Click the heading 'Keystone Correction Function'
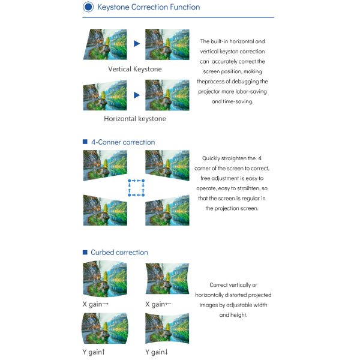(x=149, y=7)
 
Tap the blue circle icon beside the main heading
(x=88, y=7)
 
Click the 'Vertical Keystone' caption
(x=135, y=69)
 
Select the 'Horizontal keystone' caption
(x=135, y=119)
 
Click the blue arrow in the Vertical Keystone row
(x=137, y=43)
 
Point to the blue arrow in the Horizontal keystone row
(x=137, y=95)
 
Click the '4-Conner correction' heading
(x=123, y=142)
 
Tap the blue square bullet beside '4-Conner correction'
(x=85, y=142)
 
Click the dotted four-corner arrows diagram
(x=136, y=188)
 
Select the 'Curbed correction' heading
(x=119, y=253)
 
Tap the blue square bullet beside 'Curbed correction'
(x=85, y=253)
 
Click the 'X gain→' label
(x=95, y=304)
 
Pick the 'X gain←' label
(x=158, y=304)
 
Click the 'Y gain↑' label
(x=94, y=352)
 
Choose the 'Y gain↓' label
(x=157, y=352)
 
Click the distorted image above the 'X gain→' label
(x=105, y=278)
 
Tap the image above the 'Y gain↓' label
(x=167, y=328)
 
